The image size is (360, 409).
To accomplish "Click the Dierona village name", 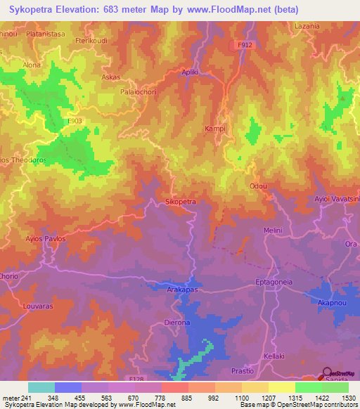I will point(177,323).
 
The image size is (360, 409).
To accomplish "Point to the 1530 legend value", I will point(347,398).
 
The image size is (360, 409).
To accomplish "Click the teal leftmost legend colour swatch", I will point(41,387).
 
